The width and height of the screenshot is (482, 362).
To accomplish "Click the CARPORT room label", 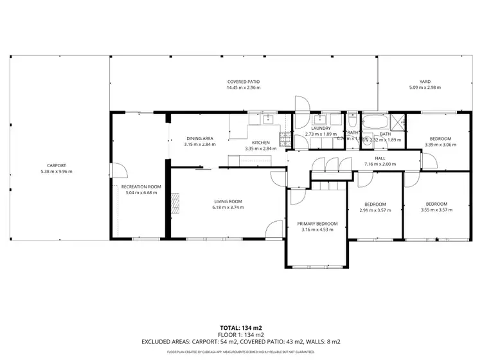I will (56, 165).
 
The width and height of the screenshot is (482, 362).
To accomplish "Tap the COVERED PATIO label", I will (243, 82).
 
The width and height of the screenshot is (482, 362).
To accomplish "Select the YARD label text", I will (425, 82).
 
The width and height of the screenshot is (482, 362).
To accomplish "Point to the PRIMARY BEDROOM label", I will (317, 224).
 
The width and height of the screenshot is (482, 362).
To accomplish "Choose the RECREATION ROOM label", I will (141, 186).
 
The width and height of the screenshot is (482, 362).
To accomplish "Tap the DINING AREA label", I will (199, 138).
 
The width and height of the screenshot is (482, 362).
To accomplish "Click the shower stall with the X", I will (398, 120).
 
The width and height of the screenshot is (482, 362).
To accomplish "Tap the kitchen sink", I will (265, 118).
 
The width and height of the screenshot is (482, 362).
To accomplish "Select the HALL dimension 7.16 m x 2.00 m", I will (380, 164).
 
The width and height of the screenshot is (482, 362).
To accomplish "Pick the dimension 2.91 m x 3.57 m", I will (375, 210).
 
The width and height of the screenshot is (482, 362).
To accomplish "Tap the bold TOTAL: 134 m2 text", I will (240, 327).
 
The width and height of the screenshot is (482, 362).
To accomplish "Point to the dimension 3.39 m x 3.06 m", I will (440, 145).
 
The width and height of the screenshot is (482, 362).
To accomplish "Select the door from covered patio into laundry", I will (301, 105).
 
